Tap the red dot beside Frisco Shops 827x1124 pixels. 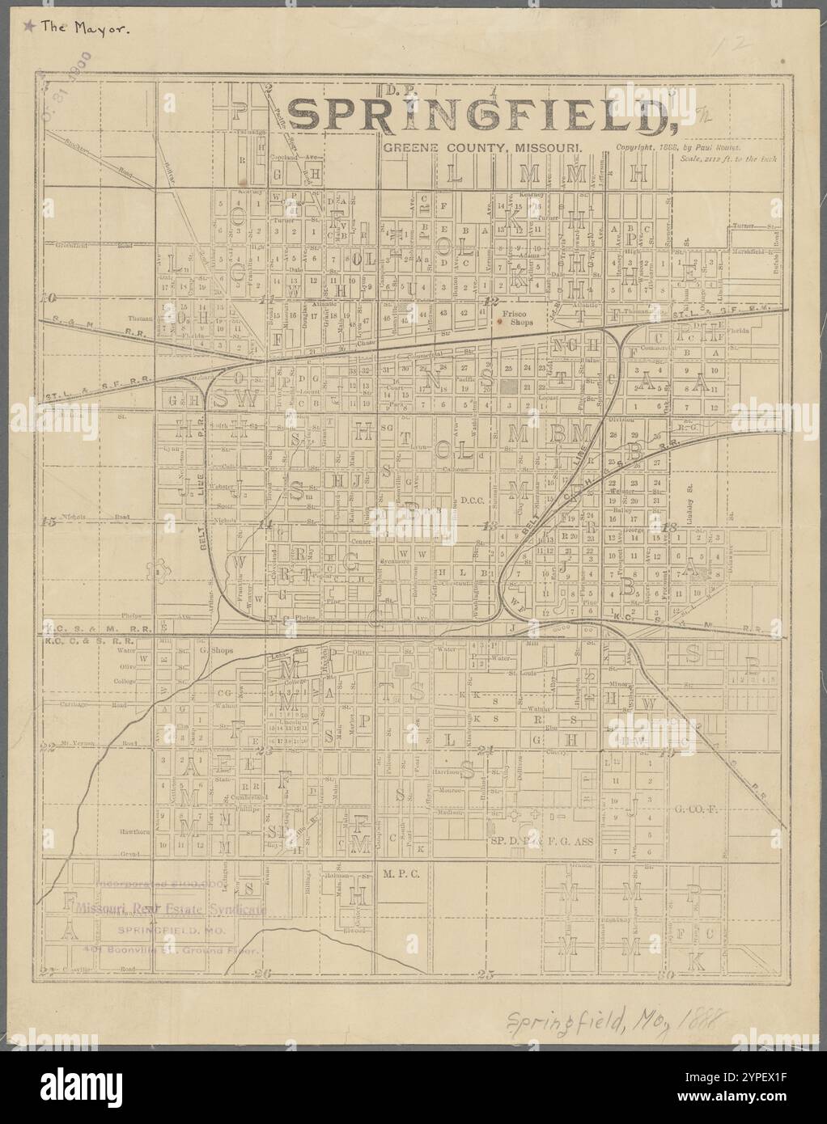[500, 321]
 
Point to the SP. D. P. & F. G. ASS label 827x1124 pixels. [542, 841]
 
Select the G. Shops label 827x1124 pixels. [215, 649]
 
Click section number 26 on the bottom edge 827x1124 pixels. [260, 974]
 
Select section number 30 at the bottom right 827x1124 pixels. [667, 975]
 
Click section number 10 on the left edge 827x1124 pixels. [50, 297]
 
